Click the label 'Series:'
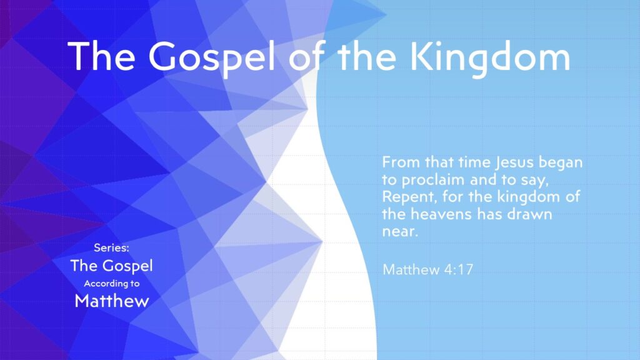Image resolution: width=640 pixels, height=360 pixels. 111,249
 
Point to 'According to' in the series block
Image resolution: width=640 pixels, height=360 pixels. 112,283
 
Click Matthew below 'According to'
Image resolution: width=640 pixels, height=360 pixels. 112,301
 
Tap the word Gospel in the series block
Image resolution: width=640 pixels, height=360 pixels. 128,266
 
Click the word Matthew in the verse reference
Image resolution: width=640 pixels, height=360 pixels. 410,270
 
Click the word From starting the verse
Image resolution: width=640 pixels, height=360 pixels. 399,163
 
